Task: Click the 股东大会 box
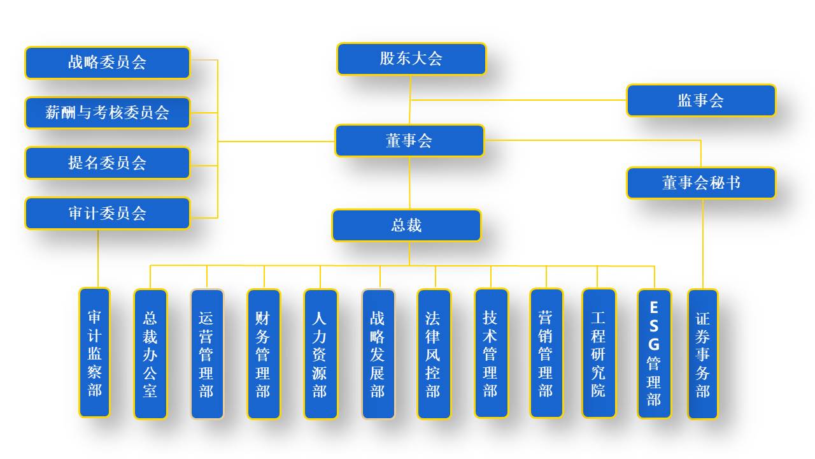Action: pos(411,59)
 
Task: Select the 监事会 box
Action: pos(701,101)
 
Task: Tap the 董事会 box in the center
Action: pos(409,141)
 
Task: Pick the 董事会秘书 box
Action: pos(701,184)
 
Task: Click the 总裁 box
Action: pos(406,226)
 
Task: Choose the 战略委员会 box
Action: pos(108,62)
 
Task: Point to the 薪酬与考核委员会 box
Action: pos(108,113)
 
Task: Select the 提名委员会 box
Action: pos(108,163)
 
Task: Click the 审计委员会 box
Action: pos(108,214)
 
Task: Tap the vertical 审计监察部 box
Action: pos(94,353)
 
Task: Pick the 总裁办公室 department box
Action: pos(150,354)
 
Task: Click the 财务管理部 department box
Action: pos(264,354)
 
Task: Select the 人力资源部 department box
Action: pos(320,354)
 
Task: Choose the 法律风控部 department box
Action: pos(434,354)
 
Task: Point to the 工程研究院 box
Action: pos(599,353)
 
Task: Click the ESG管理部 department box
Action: pos(654,354)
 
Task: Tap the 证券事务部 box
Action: pos(702,354)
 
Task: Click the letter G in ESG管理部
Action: pos(654,344)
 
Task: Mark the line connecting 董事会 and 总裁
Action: pos(409,183)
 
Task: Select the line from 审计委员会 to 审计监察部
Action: pos(98,258)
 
